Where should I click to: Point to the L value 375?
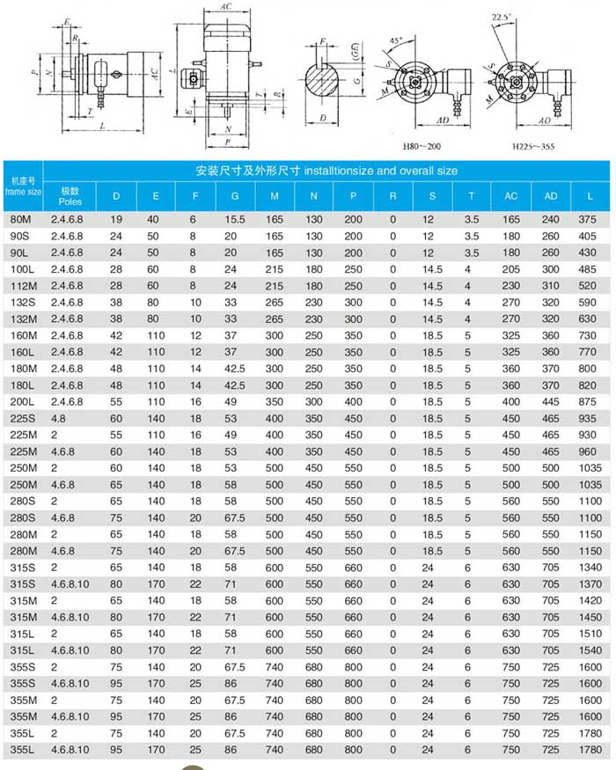[590, 217]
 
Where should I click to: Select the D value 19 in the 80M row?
[115, 217]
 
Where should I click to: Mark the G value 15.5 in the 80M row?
[233, 217]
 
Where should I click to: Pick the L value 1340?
[590, 567]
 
